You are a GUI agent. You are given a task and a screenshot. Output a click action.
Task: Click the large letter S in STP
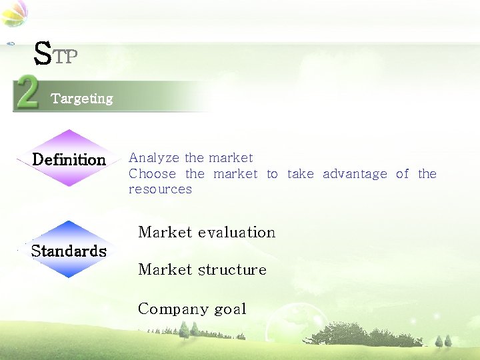point(42,53)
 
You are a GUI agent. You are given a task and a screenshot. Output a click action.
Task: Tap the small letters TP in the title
point(65,57)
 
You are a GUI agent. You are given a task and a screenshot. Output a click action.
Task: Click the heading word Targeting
point(82,99)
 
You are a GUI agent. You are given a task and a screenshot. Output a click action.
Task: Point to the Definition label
point(69,160)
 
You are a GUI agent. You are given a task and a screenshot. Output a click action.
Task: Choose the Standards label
point(69,251)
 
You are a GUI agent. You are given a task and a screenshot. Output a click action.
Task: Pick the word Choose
point(152,174)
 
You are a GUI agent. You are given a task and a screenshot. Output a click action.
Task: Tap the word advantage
point(355,174)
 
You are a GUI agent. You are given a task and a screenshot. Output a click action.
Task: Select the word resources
point(160,189)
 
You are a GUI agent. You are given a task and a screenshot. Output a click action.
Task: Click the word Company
point(173,309)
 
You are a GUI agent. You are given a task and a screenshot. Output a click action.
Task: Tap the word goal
point(230,310)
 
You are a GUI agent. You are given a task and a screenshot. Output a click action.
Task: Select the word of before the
point(402,174)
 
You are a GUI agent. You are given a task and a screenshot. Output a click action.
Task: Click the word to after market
point(272,174)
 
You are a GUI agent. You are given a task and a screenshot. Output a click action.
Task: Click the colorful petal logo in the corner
point(15,13)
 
